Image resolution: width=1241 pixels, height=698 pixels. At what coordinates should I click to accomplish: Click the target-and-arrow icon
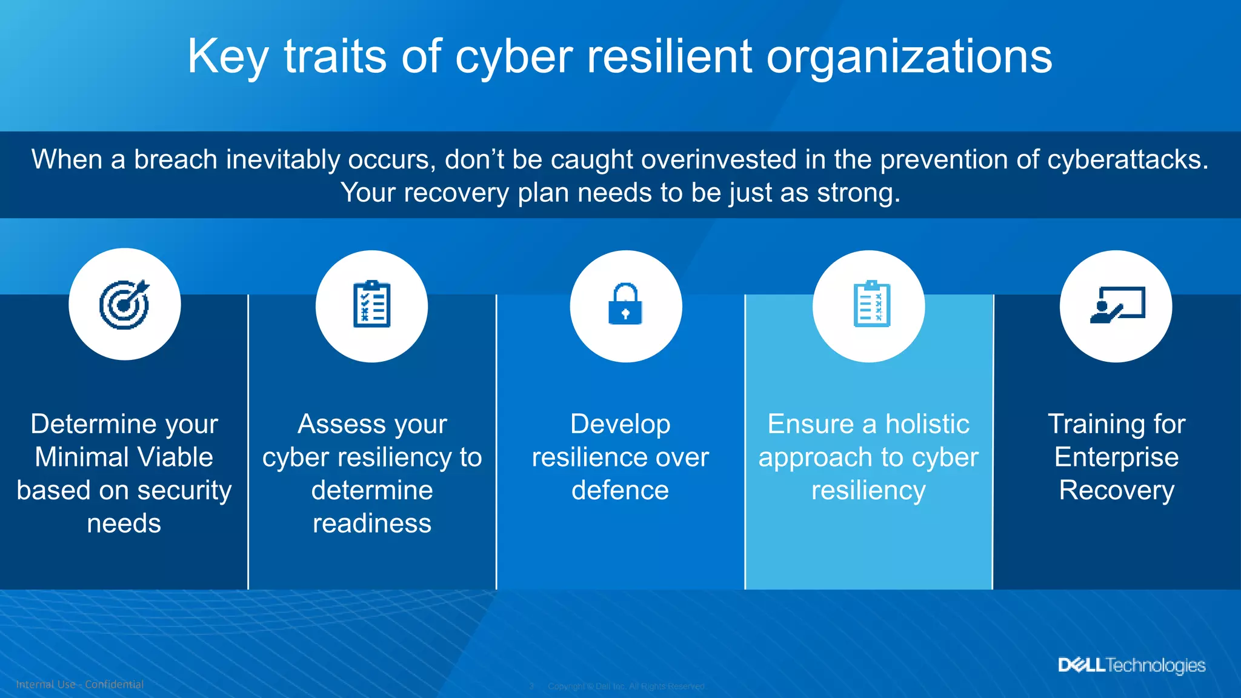(124, 304)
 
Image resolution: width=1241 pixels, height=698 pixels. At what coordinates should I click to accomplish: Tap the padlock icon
(625, 304)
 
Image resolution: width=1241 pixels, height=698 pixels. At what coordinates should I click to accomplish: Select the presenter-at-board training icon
(1116, 305)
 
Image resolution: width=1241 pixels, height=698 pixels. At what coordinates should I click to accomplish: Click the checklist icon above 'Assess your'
(371, 304)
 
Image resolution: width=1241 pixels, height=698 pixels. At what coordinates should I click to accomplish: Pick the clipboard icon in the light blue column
(871, 304)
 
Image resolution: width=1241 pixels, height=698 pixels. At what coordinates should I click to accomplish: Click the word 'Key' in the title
(227, 57)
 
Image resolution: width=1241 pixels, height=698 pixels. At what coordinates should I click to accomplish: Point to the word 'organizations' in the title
(909, 57)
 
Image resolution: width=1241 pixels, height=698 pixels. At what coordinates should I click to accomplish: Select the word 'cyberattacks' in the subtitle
(1127, 160)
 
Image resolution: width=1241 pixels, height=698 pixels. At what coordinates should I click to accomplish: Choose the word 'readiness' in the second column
(371, 523)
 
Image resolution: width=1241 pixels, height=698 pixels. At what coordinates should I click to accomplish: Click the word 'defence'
(620, 490)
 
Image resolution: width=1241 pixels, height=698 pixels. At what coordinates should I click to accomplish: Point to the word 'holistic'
(927, 424)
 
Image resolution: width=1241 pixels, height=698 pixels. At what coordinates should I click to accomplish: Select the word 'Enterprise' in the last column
(1116, 457)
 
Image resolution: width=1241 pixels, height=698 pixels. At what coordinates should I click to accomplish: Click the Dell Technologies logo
(1131, 665)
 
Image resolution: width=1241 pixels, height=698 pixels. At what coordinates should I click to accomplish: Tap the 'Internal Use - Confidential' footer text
(79, 685)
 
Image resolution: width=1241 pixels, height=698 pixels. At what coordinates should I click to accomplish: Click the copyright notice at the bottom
(627, 686)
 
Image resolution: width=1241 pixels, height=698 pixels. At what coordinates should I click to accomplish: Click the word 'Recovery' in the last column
(1116, 490)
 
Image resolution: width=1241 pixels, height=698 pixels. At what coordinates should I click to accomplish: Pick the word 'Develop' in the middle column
(620, 424)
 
